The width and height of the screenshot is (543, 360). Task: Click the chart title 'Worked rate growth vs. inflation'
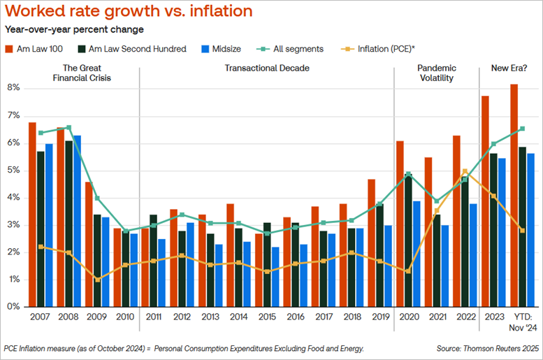129,12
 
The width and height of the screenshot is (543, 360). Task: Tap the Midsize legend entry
220,48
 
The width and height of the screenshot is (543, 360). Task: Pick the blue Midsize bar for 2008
77,221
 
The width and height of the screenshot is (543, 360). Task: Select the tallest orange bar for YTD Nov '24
514,195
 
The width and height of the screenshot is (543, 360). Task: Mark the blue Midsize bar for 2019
388,266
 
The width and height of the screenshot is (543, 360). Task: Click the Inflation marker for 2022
465,171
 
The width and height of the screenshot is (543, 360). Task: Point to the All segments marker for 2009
97,198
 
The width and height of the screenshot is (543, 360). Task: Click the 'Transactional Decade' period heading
267,68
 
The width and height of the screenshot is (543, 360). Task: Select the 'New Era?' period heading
504,68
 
